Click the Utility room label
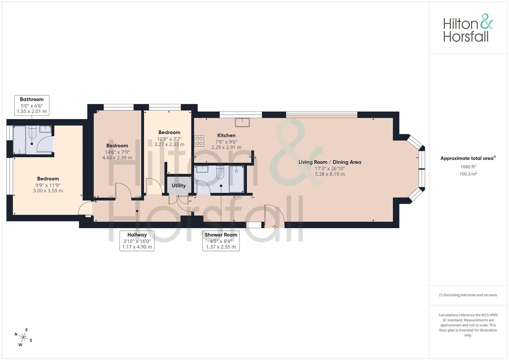(179, 185)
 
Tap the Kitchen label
(226, 135)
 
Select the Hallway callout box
(137, 241)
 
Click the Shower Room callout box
(221, 241)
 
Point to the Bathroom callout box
(32, 105)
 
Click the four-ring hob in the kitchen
(199, 141)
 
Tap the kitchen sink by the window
(242, 122)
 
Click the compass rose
(24, 337)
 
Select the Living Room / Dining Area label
(330, 162)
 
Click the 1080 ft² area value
(468, 167)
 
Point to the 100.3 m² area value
(468, 174)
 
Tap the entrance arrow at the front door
(274, 227)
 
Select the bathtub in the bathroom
(19, 140)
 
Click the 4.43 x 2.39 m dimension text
(117, 157)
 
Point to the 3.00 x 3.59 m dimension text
(48, 191)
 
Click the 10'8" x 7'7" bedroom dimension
(169, 139)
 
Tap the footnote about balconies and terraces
(468, 295)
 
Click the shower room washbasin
(202, 169)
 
